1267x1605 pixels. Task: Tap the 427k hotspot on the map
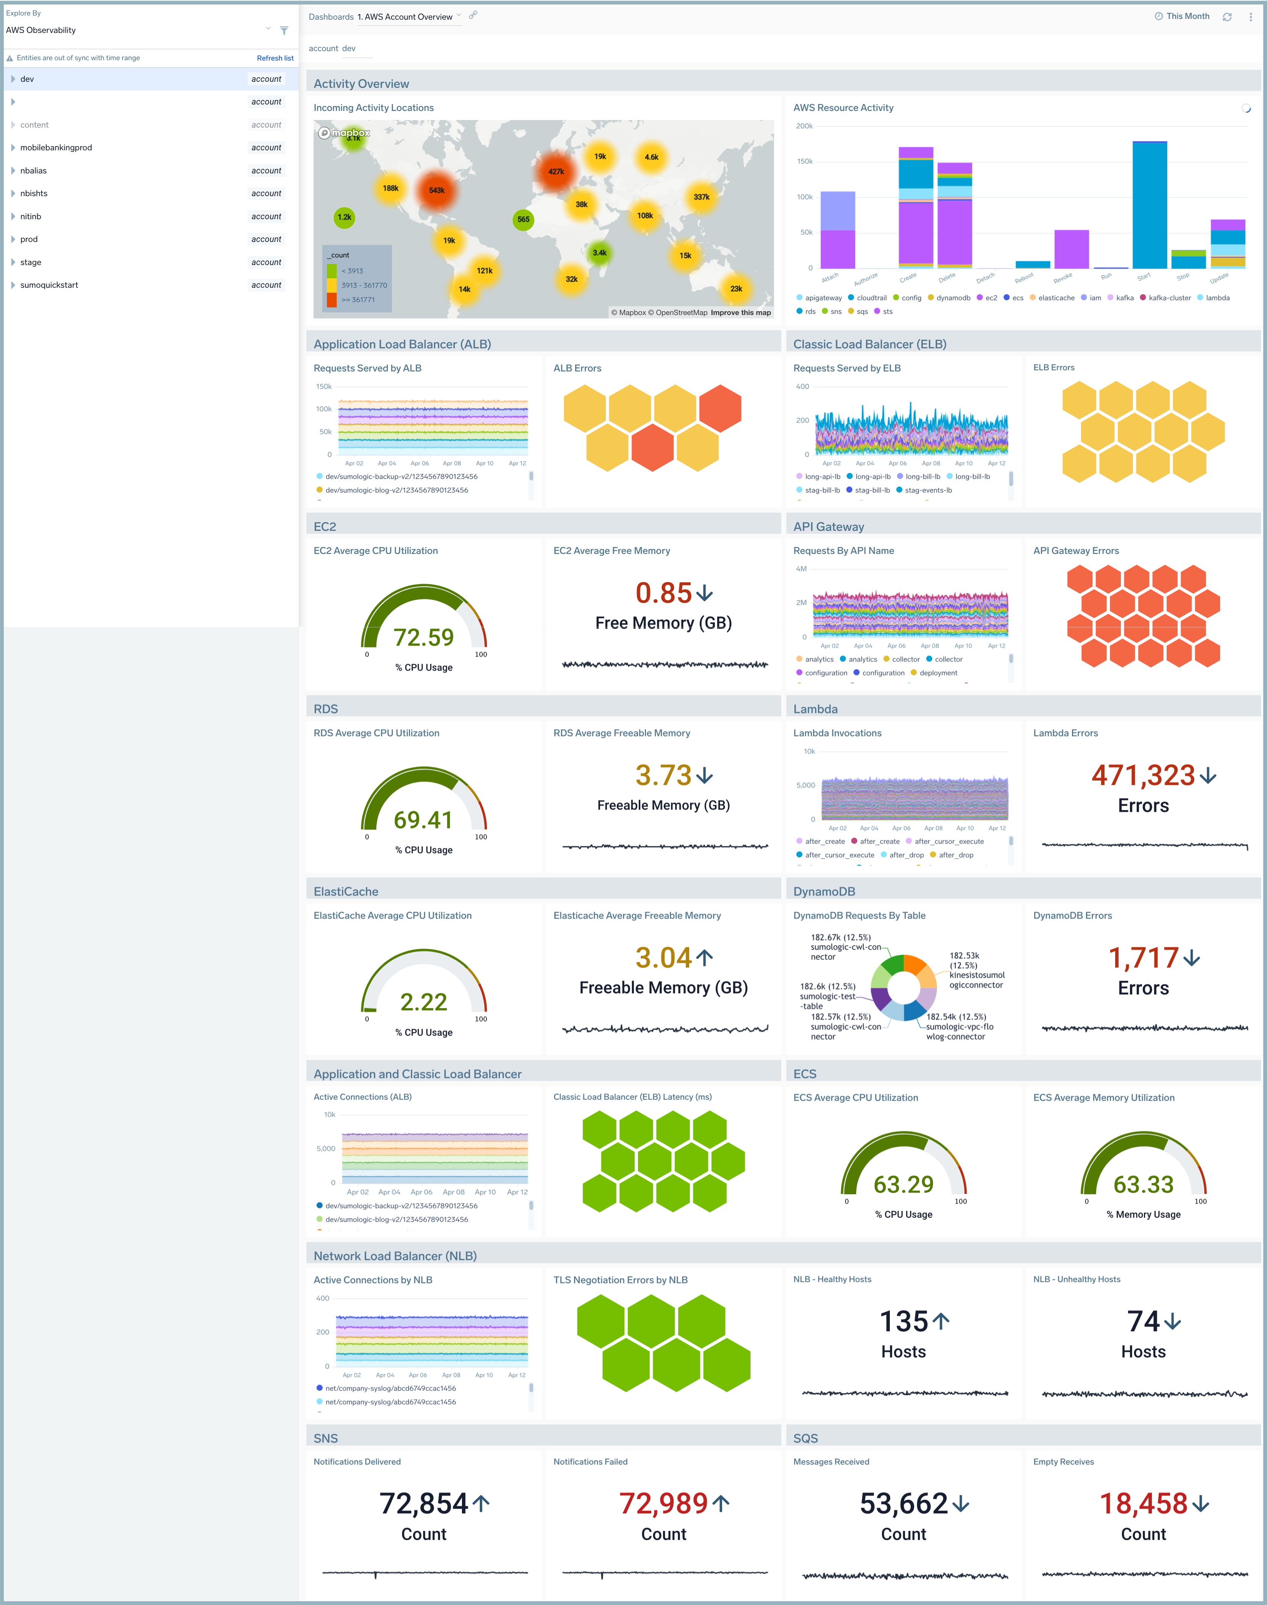click(555, 171)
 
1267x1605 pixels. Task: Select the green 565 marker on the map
click(523, 220)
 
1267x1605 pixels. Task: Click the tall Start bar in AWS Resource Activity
click(1149, 205)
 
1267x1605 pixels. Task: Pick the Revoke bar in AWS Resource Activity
click(1071, 249)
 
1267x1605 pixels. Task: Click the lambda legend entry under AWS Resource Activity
click(1217, 298)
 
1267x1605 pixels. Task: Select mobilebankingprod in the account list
click(56, 148)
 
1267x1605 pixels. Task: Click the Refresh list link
click(275, 58)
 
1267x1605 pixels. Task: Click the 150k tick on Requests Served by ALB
click(324, 387)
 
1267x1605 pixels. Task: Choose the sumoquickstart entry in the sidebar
click(49, 285)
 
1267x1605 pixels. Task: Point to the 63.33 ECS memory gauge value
click(1143, 1184)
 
